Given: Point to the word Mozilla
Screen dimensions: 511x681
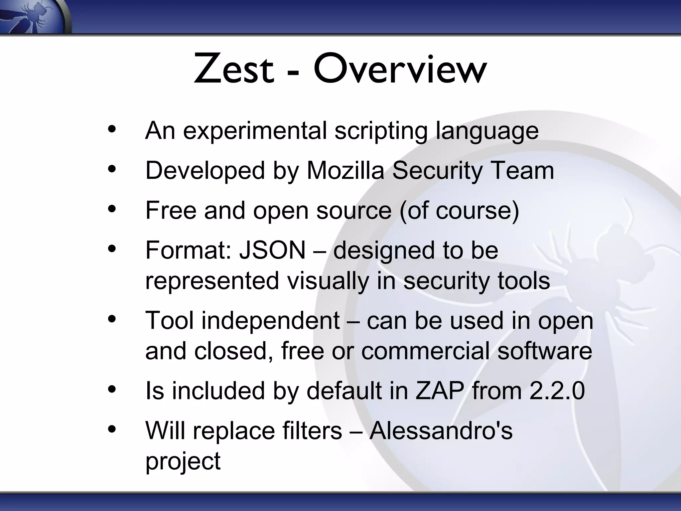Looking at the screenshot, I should coord(345,170).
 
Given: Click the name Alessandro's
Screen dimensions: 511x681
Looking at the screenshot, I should coord(441,430).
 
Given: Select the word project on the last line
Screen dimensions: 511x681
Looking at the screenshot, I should coord(183,462).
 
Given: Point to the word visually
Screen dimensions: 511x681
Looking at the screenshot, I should coord(328,280).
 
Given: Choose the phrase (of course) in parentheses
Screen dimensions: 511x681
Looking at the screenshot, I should coord(459,211).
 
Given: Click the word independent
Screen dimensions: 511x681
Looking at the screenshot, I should coord(270,321).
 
